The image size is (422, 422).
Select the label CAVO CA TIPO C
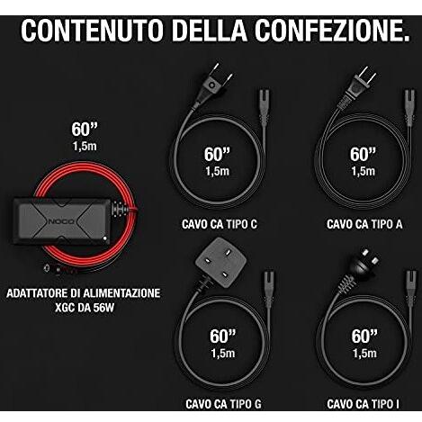pyautogui.click(x=219, y=223)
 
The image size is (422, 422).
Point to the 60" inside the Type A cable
pyautogui.click(x=363, y=154)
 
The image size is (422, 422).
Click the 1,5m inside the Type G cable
pyautogui.click(x=220, y=352)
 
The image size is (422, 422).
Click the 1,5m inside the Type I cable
pyautogui.click(x=363, y=352)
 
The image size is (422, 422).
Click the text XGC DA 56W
pyautogui.click(x=84, y=308)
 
